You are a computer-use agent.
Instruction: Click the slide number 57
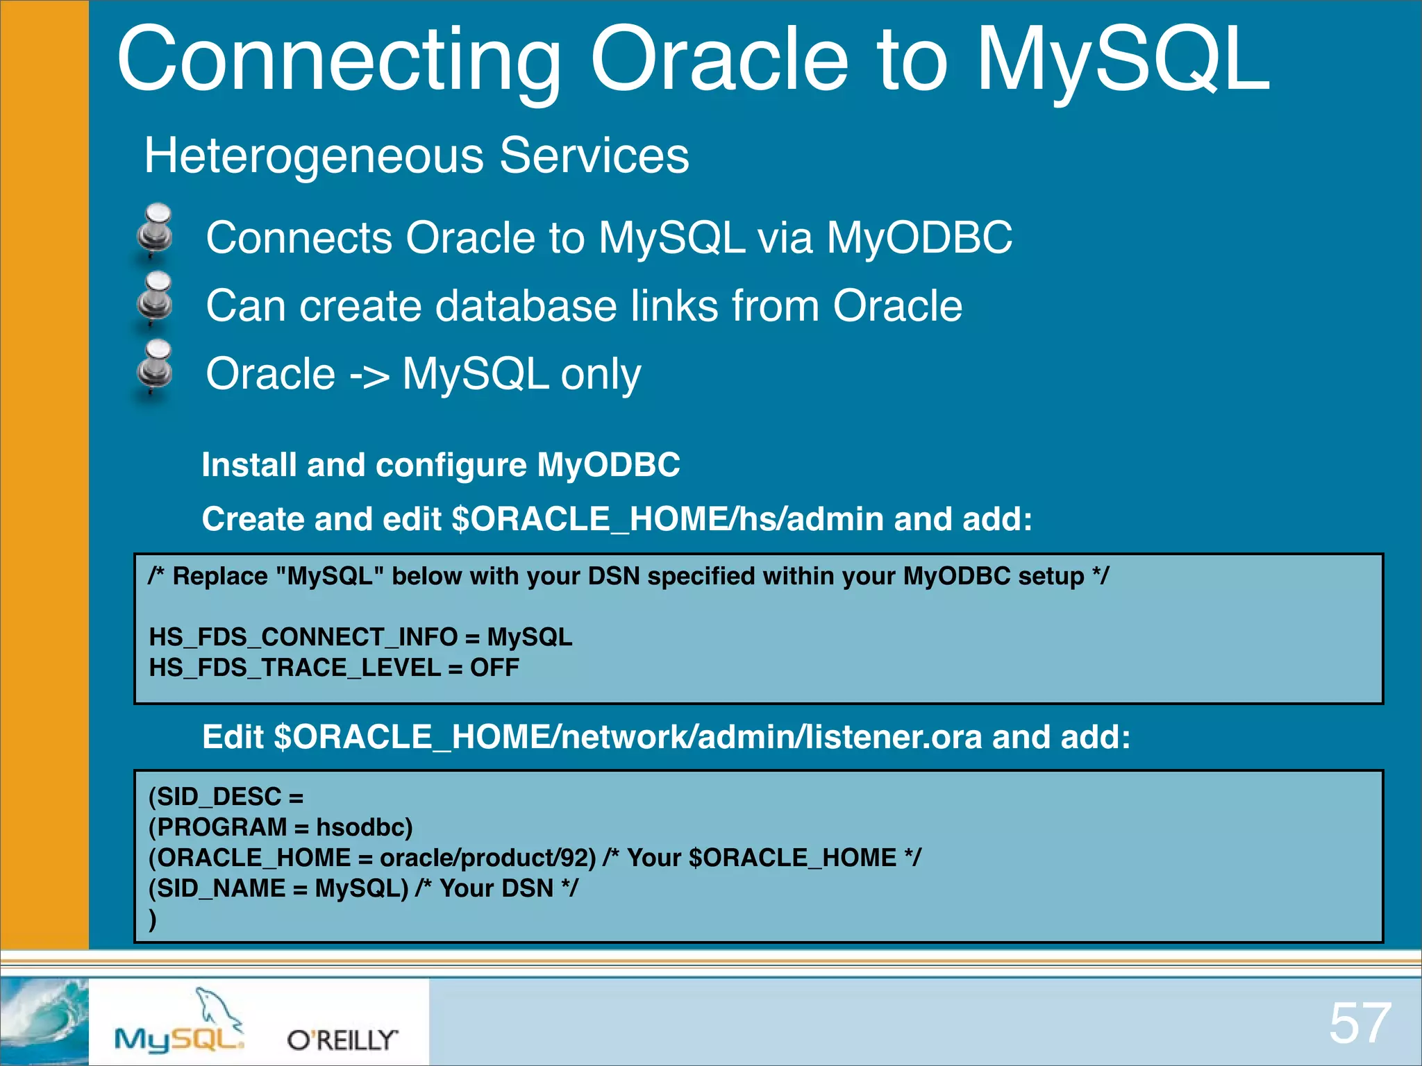click(1360, 1023)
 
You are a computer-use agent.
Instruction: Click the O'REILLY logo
click(342, 1040)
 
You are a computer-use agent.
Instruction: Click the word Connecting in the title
click(338, 61)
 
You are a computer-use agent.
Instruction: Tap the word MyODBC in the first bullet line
click(919, 238)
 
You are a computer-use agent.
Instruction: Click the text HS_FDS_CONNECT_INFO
click(303, 637)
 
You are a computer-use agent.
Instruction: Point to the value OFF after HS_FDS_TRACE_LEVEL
click(494, 668)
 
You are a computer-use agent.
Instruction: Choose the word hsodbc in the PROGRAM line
click(364, 827)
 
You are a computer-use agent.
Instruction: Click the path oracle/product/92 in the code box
click(488, 858)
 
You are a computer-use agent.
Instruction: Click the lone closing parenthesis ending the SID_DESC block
click(153, 920)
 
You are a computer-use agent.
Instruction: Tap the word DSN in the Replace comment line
click(613, 576)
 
